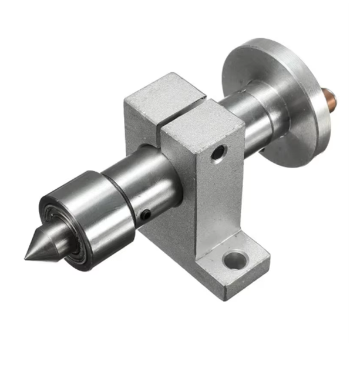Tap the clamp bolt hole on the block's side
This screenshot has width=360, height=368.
[218, 155]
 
